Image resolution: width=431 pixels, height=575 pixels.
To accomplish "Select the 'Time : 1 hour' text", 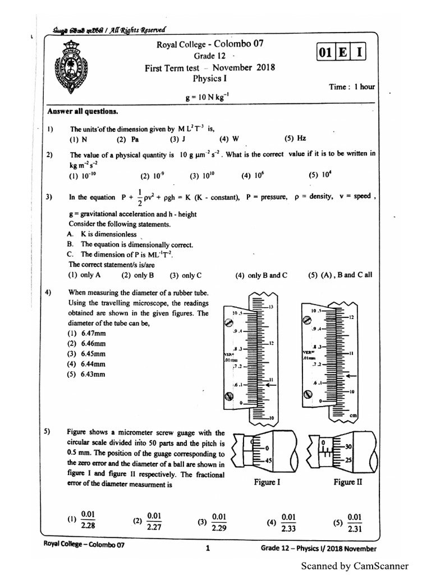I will click(x=352, y=87).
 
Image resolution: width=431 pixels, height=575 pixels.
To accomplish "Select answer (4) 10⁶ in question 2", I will click(x=253, y=176).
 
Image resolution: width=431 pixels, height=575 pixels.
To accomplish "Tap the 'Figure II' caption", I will click(x=344, y=482).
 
